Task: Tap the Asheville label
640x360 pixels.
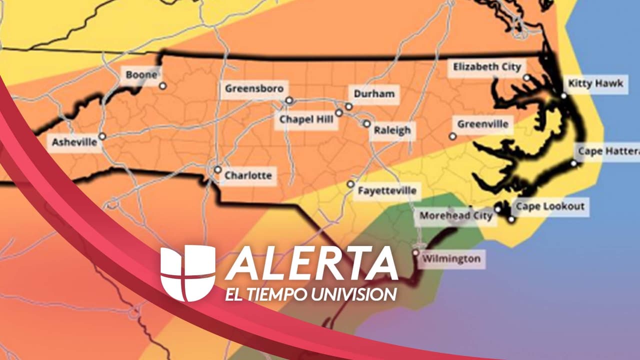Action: [x=74, y=142]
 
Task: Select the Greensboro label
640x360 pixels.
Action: [x=254, y=89]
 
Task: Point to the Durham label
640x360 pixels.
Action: [x=374, y=93]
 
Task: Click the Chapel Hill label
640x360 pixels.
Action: [x=306, y=120]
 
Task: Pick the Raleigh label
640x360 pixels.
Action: [x=392, y=131]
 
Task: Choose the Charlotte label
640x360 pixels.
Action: [x=248, y=176]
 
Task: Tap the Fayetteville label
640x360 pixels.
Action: [x=386, y=190]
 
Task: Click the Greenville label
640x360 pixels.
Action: [x=482, y=124]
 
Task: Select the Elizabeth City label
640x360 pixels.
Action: [x=487, y=66]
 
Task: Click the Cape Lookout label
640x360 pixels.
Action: [x=550, y=206]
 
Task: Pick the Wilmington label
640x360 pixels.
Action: [x=451, y=259]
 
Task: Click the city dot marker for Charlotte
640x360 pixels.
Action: [x=217, y=169]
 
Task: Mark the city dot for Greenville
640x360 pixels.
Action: [x=452, y=136]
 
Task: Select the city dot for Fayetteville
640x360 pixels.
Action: [x=351, y=184]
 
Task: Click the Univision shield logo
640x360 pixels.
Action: [x=187, y=272]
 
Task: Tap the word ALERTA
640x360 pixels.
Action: [x=311, y=264]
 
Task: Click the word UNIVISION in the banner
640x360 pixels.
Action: [x=353, y=294]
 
